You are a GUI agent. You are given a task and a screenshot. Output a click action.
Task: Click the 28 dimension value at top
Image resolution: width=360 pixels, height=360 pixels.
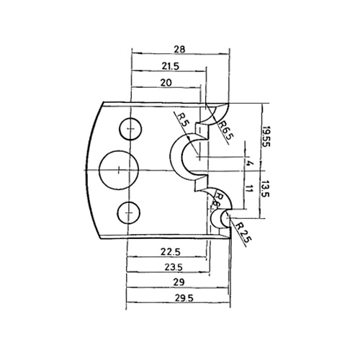179,49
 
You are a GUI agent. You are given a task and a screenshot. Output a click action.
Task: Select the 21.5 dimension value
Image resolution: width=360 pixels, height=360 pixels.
171,66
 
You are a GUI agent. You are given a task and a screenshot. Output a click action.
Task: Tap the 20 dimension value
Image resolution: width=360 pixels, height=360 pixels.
166,83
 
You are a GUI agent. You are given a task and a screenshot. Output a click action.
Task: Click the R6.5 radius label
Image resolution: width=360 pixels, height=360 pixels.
225,130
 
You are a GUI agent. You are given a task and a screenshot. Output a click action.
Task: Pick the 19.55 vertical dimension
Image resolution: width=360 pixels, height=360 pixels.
266,137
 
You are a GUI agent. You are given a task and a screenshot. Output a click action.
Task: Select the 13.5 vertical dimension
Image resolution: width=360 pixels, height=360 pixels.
266,189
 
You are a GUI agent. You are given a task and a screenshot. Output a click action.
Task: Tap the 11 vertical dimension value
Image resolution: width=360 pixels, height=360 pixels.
250,189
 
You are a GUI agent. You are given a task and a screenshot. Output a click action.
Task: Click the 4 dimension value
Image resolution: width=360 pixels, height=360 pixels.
250,163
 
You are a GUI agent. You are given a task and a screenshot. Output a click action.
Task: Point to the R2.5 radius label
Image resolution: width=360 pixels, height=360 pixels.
243,233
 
